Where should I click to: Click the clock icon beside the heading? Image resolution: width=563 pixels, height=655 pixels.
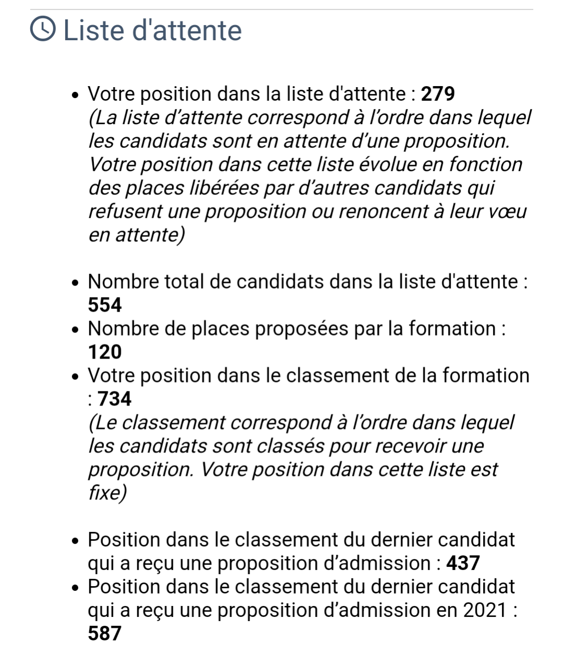click(x=43, y=29)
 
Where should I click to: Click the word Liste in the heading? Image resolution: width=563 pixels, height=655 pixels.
click(x=92, y=30)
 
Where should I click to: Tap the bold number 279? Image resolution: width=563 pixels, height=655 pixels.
click(x=438, y=94)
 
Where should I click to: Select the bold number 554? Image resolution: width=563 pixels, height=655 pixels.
click(x=105, y=305)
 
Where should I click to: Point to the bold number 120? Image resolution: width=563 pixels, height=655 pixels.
click(x=105, y=352)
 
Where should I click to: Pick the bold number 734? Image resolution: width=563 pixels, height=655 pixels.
click(x=115, y=399)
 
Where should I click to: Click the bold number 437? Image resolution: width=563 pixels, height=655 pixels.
click(x=463, y=563)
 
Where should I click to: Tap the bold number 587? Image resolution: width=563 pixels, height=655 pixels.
click(x=105, y=633)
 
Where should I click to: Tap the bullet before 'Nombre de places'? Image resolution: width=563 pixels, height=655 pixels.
click(x=76, y=330)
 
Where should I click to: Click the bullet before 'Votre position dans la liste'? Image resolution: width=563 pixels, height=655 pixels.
click(x=76, y=96)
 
